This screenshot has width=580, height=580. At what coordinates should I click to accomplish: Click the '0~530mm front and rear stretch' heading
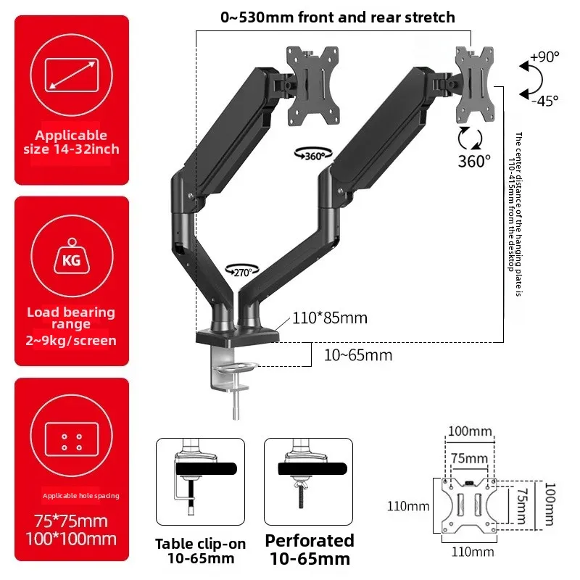337,17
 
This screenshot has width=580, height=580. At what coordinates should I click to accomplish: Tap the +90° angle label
544,57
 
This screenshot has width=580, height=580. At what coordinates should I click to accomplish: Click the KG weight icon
71,259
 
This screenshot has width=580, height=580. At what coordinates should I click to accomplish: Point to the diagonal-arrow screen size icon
71,75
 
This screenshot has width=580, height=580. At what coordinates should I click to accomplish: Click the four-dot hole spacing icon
71,442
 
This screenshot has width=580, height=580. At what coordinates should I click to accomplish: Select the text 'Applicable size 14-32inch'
71,142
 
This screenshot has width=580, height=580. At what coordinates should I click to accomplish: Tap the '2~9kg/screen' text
71,340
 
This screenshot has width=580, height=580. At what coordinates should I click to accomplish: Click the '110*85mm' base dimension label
329,318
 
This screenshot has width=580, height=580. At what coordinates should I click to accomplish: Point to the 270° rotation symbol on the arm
241,271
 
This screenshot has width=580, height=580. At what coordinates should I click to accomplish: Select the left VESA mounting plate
312,84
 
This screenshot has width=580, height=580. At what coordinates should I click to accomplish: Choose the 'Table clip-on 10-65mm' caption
201,551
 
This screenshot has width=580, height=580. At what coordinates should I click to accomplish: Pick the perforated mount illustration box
308,481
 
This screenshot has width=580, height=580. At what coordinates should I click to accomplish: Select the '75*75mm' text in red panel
71,521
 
